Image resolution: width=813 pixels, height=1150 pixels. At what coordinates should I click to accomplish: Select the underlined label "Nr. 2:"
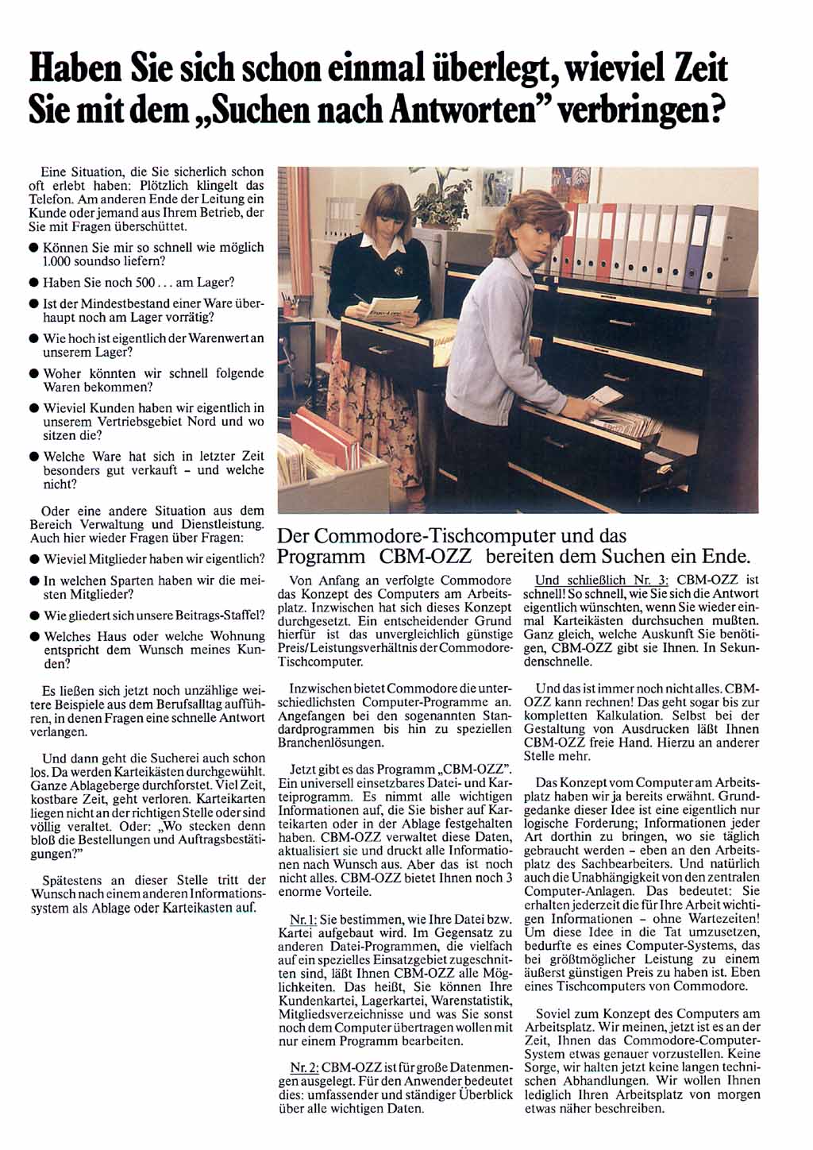304,1067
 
